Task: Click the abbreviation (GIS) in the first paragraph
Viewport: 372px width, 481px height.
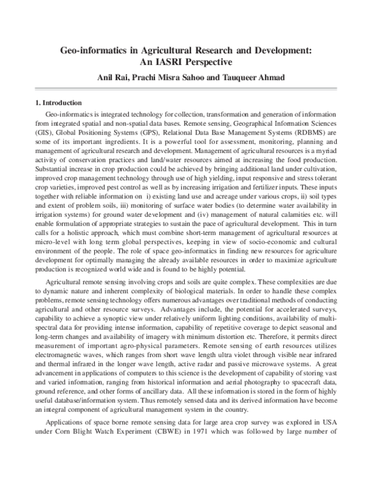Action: pos(43,132)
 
